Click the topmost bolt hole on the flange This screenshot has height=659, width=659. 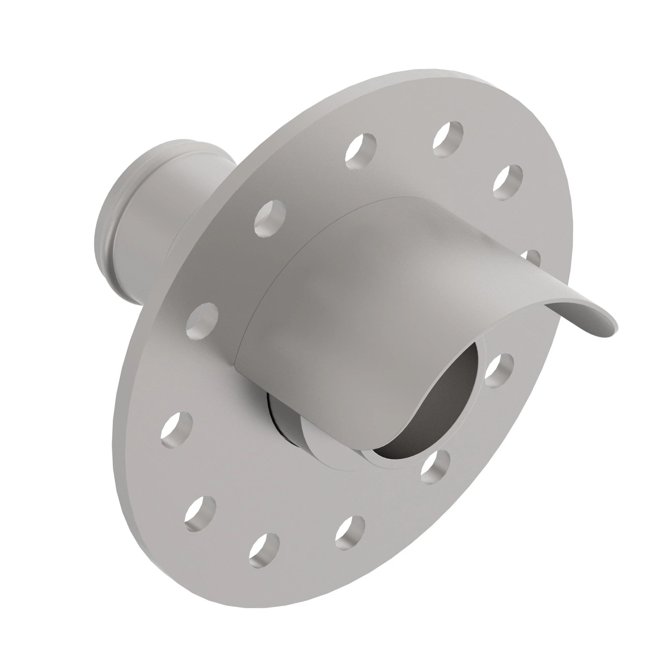tap(448, 139)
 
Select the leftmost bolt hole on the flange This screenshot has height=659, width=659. tap(176, 429)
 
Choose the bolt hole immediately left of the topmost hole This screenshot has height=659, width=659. tap(360, 151)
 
